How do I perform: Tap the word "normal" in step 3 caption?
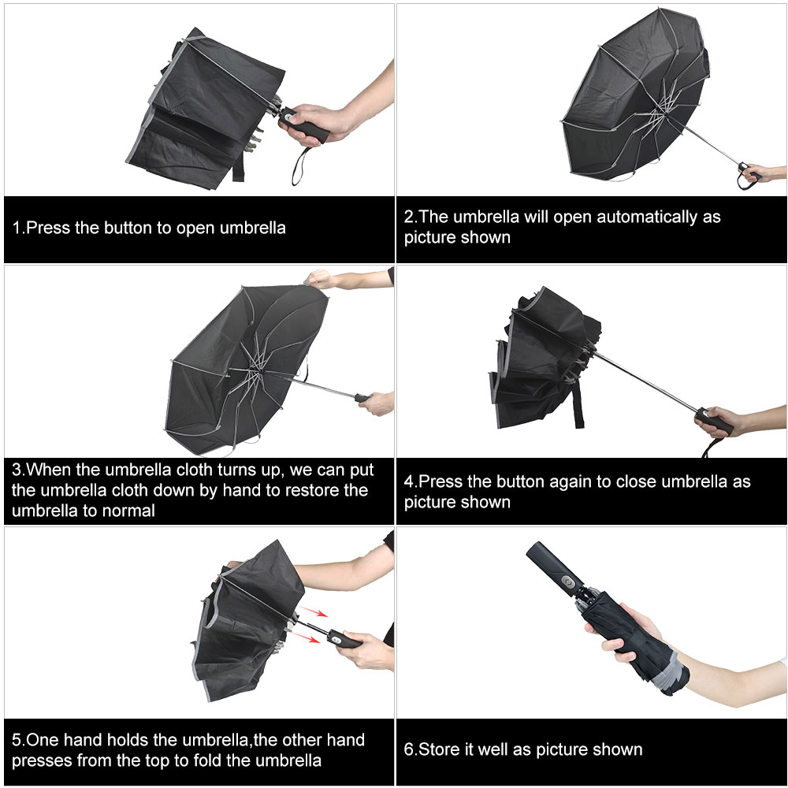pos(131,511)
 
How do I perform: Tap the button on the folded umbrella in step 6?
pos(566,585)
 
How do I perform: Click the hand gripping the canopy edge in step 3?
pos(319,277)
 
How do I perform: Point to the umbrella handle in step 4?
pos(713,422)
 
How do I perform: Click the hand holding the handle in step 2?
pos(760,173)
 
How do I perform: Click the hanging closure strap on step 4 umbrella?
pos(579,407)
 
